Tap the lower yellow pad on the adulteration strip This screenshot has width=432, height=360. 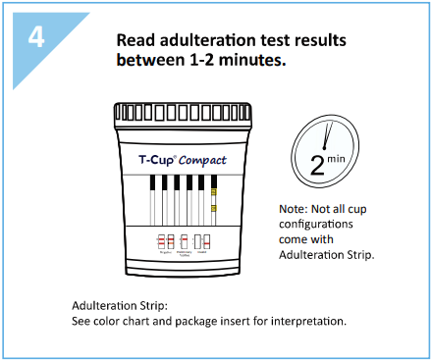[213, 210]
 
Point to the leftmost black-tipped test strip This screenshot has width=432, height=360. [151, 183]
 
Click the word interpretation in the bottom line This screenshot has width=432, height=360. [311, 321]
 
